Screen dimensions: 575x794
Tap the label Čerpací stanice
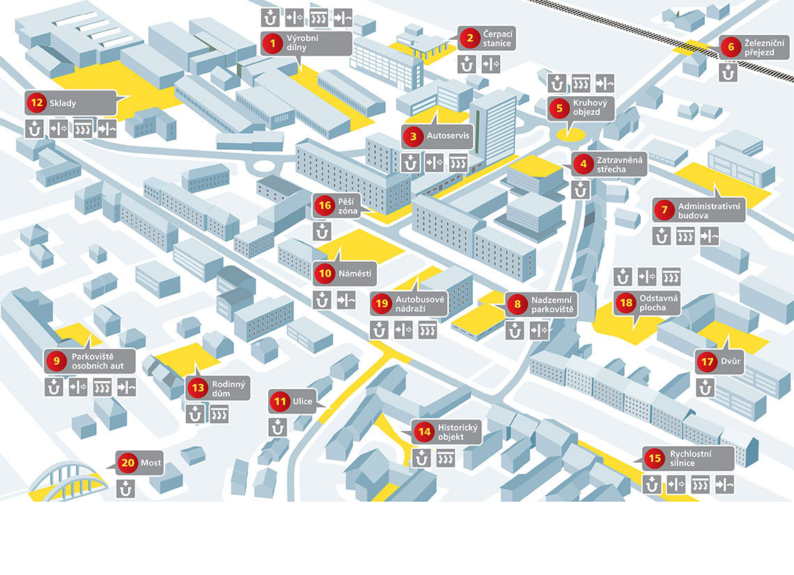tap(497, 39)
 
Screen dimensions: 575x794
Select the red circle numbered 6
tap(730, 47)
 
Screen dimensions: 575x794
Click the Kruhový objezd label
tap(586, 107)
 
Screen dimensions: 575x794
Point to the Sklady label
tap(63, 103)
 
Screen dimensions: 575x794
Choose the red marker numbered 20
tap(127, 463)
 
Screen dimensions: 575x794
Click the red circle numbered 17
tap(708, 362)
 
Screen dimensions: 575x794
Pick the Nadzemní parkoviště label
tap(552, 304)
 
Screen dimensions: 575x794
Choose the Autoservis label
tap(439, 136)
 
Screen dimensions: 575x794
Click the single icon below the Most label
tap(126, 489)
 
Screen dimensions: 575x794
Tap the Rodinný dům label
tap(230, 388)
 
